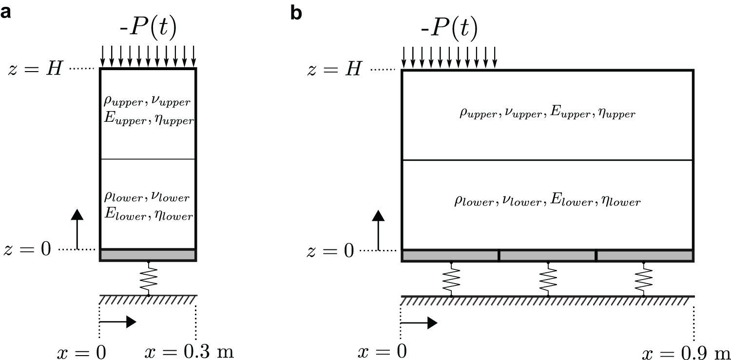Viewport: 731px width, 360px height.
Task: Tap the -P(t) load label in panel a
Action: (x=148, y=28)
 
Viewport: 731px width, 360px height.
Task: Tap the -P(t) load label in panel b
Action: (x=449, y=28)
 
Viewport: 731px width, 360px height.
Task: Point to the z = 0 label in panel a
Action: (x=27, y=250)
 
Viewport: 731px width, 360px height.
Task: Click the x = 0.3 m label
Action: (x=190, y=352)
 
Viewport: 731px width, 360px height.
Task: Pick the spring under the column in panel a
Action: (x=149, y=279)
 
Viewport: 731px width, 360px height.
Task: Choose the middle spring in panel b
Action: (x=548, y=279)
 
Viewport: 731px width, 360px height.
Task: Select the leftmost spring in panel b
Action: (x=451, y=279)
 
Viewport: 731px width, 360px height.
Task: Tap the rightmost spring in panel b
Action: (x=644, y=279)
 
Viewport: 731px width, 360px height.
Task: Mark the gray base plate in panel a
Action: (x=148, y=255)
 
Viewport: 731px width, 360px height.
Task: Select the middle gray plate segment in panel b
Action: (x=548, y=256)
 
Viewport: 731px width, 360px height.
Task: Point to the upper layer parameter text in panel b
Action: (x=547, y=114)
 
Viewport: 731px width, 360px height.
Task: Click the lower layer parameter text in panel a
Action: (x=148, y=206)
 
